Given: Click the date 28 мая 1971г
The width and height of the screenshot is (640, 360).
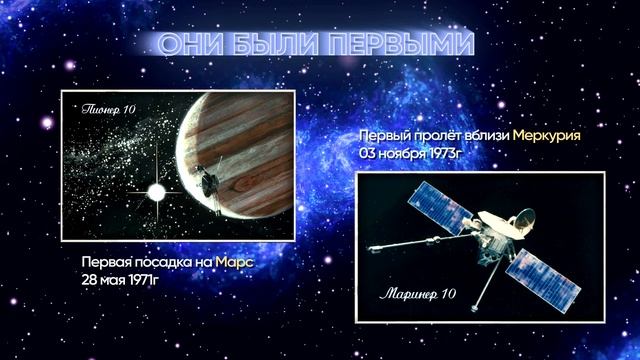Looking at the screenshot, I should [x=123, y=278].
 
